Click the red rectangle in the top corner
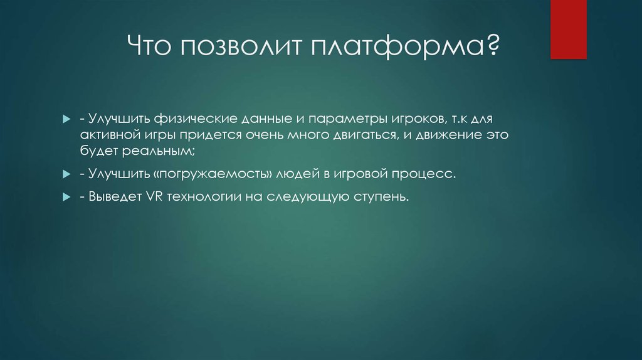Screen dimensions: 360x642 [568, 29]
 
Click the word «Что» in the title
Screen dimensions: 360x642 [150, 48]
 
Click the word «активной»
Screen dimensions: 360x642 [108, 134]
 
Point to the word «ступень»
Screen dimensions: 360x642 [379, 197]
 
